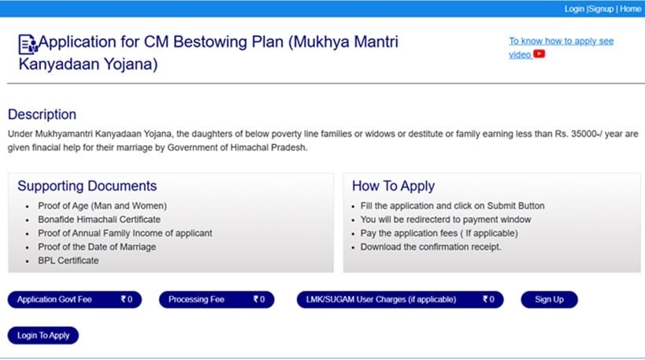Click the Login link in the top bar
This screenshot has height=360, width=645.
(574, 9)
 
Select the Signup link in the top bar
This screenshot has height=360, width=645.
(600, 9)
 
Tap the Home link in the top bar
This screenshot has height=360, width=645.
(630, 9)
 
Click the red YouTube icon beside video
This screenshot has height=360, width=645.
(539, 54)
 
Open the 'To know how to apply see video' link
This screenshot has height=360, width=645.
(560, 41)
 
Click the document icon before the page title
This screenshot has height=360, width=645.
(27, 43)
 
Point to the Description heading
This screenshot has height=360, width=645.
(42, 115)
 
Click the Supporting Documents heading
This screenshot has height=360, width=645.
(87, 187)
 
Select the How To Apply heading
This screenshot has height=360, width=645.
(393, 187)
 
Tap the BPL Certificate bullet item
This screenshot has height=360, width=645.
(68, 260)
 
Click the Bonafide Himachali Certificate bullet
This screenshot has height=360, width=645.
(98, 220)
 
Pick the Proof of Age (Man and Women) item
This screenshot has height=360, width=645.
(102, 206)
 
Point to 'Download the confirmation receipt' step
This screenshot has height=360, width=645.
(430, 247)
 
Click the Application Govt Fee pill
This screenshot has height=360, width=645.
(74, 299)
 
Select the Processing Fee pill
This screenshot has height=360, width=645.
(216, 299)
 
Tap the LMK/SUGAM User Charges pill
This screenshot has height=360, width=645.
(399, 299)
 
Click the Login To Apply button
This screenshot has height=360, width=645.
(43, 336)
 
